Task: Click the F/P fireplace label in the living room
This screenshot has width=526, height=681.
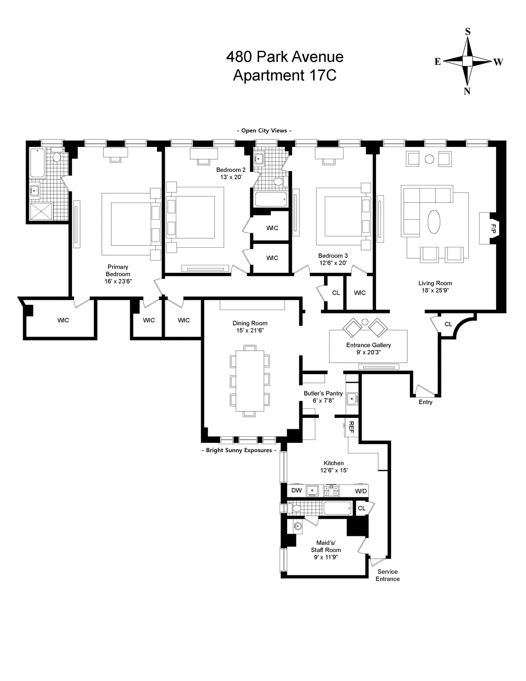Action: pos(493,228)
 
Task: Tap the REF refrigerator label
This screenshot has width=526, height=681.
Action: pos(351,428)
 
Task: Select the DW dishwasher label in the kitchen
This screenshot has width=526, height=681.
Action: pos(296,491)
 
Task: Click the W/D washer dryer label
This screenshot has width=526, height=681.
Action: pos(361,491)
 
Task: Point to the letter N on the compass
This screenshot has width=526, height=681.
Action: pos(467,91)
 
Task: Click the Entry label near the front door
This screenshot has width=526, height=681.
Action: pos(425,402)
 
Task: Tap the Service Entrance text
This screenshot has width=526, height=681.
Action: pos(387,575)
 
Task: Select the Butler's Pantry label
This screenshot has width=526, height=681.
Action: pos(323,393)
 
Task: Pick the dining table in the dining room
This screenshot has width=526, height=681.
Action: pos(250,381)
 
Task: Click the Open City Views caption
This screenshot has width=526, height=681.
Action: pos(264,130)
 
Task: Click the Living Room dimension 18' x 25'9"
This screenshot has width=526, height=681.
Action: pos(435,290)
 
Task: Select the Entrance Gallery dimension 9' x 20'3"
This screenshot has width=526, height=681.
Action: pos(368,352)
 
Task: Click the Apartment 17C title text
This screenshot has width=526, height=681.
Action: pos(284,75)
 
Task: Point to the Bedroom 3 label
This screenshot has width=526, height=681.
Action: pos(333,256)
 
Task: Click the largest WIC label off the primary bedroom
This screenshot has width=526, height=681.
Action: pos(63,320)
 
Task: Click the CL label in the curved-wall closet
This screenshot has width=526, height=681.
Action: pos(448,324)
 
